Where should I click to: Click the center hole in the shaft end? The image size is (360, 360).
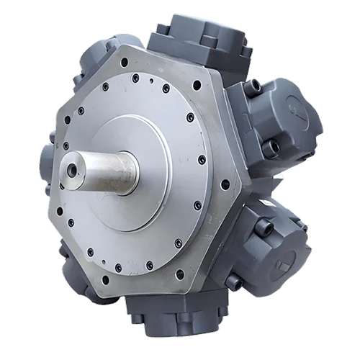point(72,171)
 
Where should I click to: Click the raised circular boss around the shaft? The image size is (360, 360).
point(144,180)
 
